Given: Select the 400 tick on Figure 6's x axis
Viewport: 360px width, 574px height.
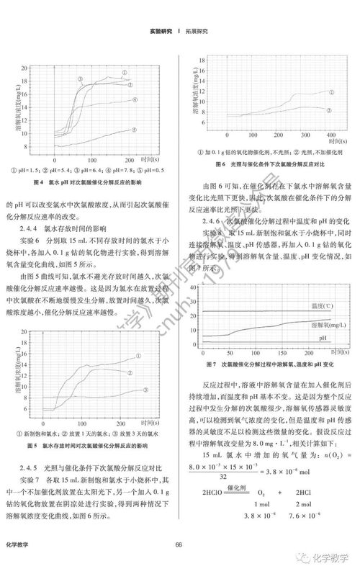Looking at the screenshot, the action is pos(331,135).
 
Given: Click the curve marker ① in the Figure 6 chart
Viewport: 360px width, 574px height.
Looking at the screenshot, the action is pos(330,91).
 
